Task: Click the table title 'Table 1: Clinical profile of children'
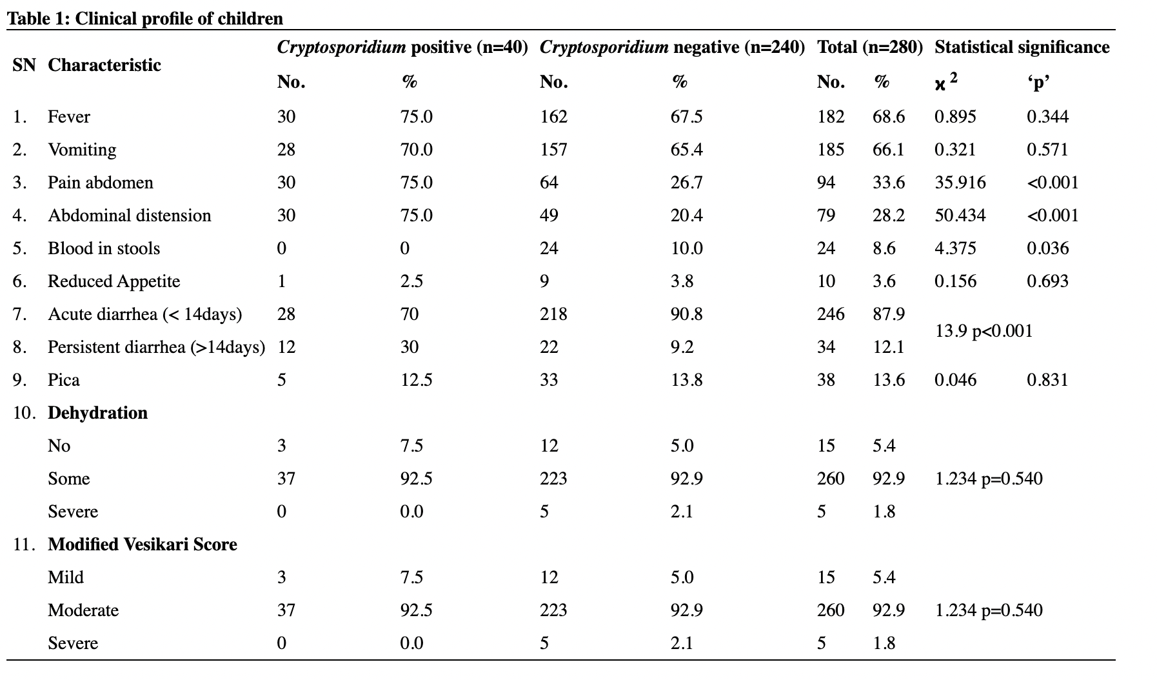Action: click(145, 18)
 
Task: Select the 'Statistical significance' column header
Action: click(1022, 47)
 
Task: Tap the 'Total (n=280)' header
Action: click(869, 47)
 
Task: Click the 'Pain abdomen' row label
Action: click(101, 183)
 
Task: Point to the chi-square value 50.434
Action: click(960, 215)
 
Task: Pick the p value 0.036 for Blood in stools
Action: click(1047, 248)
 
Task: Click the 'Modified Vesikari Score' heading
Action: click(143, 545)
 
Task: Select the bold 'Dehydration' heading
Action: click(97, 413)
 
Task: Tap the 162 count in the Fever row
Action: click(553, 117)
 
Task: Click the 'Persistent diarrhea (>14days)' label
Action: click(156, 347)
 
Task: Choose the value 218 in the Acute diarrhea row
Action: click(553, 314)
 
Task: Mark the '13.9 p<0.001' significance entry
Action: click(984, 331)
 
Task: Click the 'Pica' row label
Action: click(64, 380)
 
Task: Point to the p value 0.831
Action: click(1047, 380)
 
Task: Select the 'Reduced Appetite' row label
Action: click(114, 281)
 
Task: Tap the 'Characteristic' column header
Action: click(104, 65)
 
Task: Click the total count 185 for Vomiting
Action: click(830, 150)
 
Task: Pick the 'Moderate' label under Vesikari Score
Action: click(83, 610)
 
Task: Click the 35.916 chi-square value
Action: click(960, 183)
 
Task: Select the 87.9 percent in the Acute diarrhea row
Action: click(888, 314)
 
